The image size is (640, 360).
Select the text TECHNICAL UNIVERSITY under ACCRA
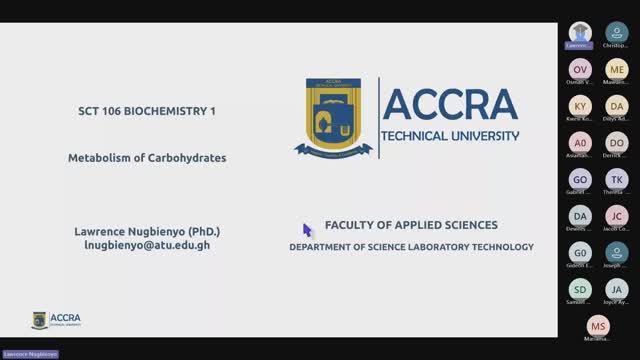click(x=451, y=135)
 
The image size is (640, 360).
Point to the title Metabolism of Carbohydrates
click(x=147, y=157)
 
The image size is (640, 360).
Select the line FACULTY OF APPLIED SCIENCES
click(x=411, y=225)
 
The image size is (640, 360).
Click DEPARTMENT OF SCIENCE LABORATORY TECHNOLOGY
click(x=411, y=246)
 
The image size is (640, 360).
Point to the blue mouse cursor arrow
click(x=307, y=229)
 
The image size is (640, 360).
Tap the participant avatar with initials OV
click(x=581, y=69)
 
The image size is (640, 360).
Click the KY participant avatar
click(x=581, y=106)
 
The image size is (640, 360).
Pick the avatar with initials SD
click(x=581, y=289)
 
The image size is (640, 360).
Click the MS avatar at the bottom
click(x=598, y=326)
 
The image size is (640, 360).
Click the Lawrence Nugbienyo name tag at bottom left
click(x=30, y=354)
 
